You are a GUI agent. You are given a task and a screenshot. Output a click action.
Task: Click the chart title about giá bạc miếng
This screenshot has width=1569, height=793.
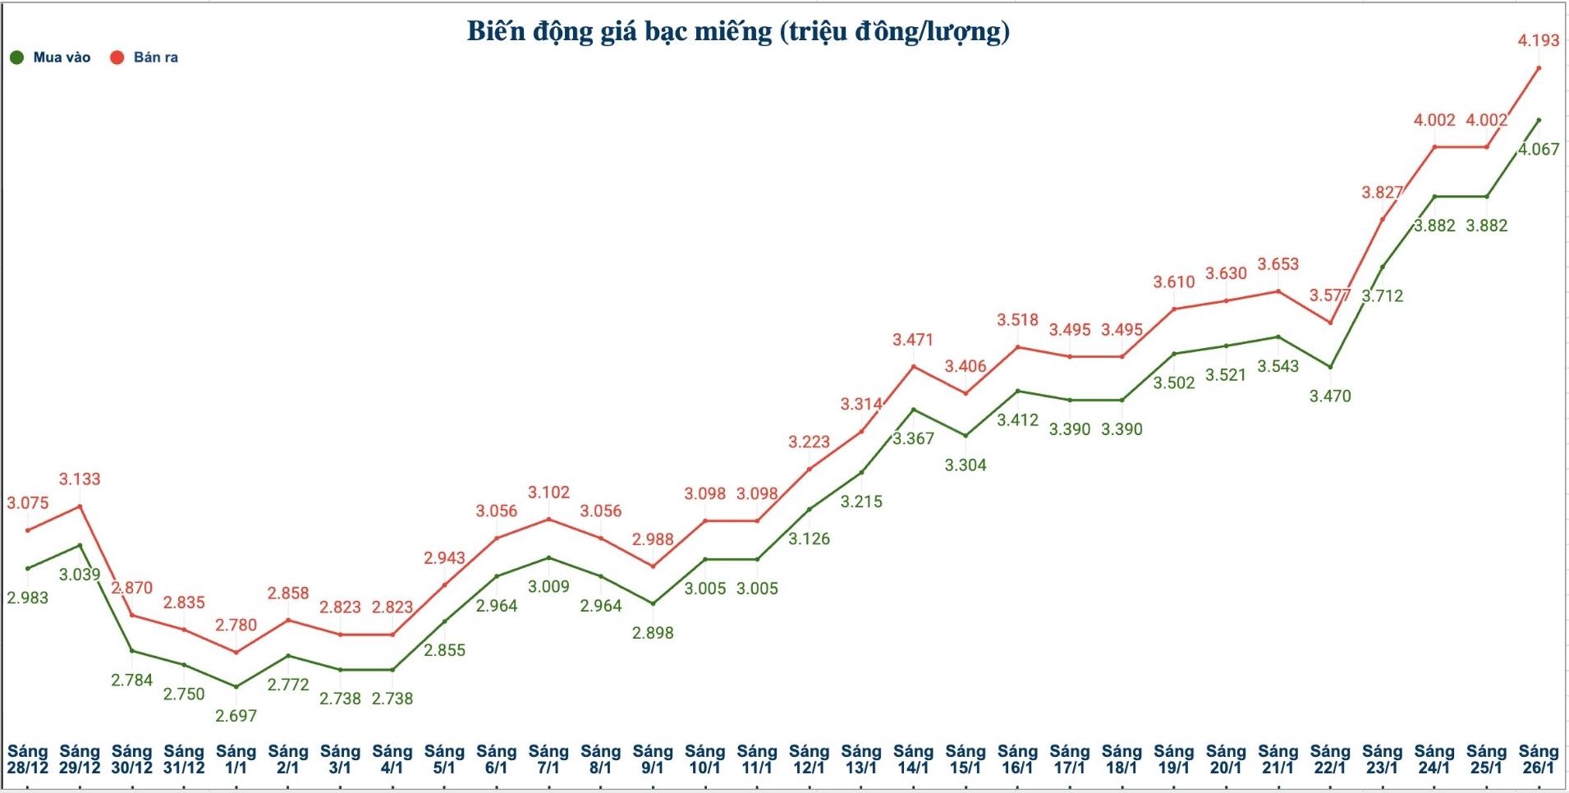click(738, 31)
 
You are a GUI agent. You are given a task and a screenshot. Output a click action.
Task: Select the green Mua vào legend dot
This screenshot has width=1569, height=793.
click(16, 57)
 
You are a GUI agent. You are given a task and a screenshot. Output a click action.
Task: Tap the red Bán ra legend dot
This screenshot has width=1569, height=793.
click(117, 57)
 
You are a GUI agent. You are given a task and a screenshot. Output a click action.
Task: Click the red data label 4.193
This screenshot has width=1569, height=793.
click(1538, 40)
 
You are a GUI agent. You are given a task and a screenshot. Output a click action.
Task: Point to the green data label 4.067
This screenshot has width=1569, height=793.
click(1538, 149)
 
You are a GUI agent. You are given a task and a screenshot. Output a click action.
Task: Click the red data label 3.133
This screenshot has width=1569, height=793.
click(80, 479)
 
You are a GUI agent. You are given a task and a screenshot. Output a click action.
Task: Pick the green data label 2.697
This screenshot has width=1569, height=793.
click(236, 716)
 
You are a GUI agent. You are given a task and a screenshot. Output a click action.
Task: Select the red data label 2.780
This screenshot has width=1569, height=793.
click(236, 625)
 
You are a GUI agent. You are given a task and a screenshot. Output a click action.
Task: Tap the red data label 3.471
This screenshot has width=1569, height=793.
click(913, 339)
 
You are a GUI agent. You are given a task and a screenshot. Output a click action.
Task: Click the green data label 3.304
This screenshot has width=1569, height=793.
click(966, 465)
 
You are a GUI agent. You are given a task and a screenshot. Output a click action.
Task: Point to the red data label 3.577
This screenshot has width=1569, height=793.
click(1330, 295)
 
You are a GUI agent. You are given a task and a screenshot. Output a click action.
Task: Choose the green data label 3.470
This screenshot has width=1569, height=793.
click(1330, 396)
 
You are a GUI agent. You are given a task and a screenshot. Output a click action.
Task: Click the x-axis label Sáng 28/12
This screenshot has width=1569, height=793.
click(28, 759)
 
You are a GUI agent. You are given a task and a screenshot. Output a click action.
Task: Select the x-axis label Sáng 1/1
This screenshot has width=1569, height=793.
click(236, 759)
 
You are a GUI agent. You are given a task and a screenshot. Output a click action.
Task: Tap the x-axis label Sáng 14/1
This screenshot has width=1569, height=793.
click(913, 759)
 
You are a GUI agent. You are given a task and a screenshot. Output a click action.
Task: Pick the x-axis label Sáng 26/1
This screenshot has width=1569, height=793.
click(1538, 759)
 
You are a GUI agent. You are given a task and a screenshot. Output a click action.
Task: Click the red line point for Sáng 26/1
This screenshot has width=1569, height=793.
click(1539, 68)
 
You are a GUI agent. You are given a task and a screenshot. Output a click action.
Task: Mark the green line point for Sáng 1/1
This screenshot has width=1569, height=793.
click(236, 686)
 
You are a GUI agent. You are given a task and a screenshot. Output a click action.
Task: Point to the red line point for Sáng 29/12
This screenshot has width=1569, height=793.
click(80, 506)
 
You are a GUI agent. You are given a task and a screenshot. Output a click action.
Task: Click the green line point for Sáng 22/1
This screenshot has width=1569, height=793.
click(1330, 367)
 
